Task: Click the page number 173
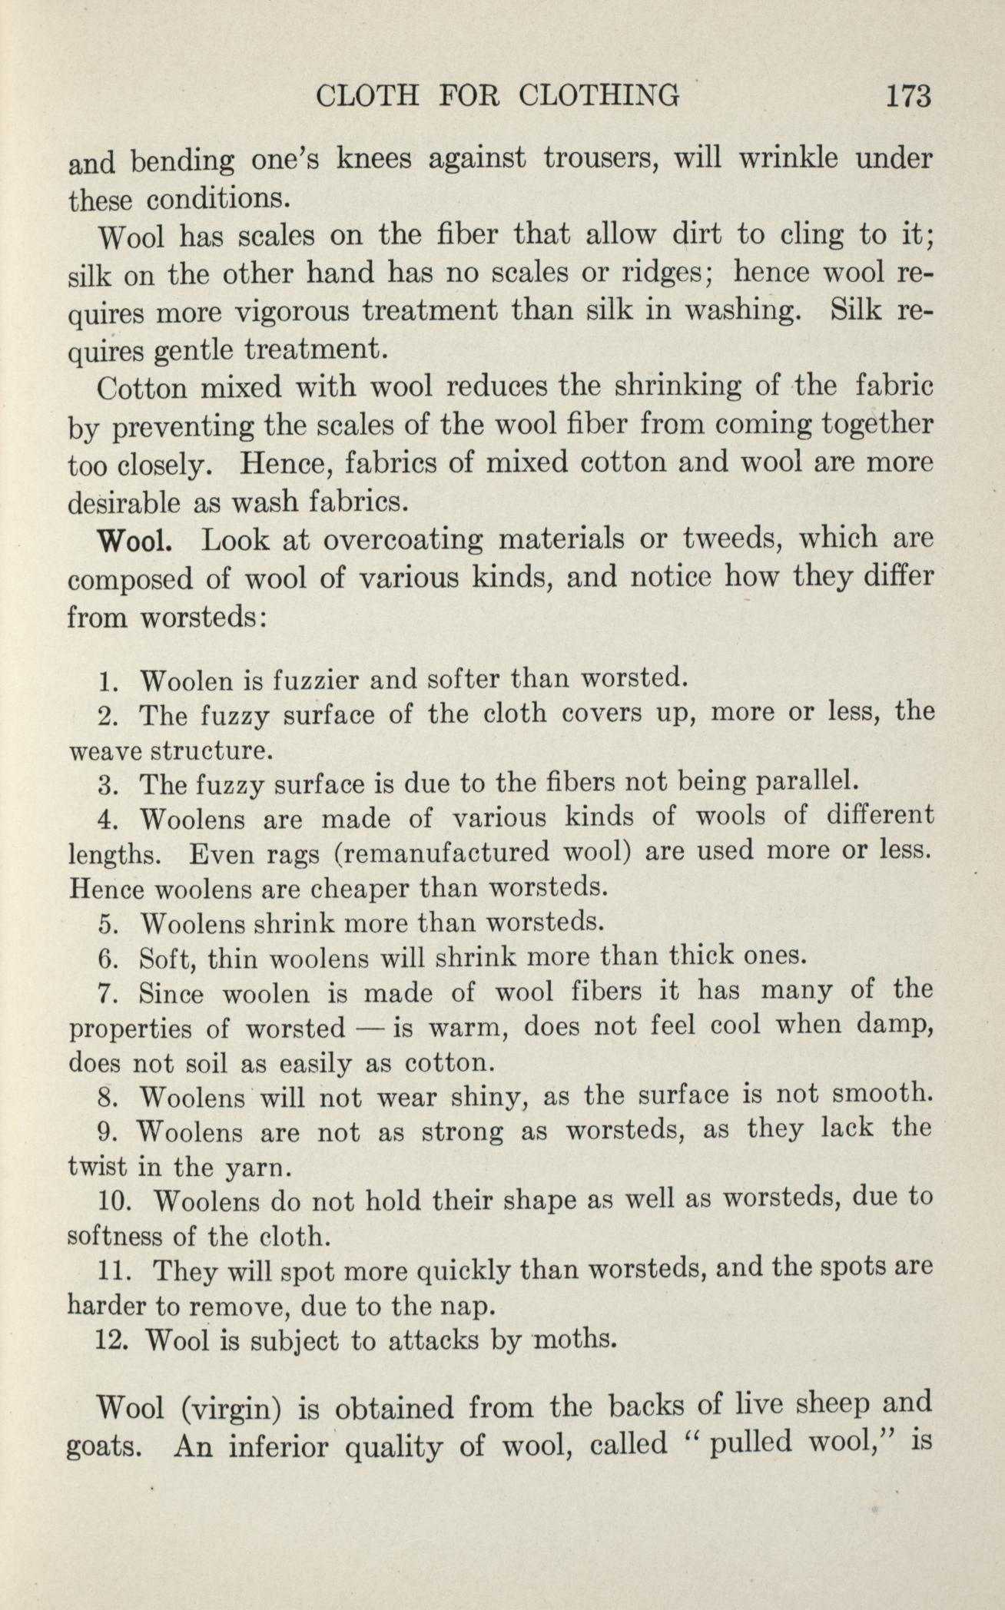[x=907, y=98]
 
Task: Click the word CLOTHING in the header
[x=599, y=98]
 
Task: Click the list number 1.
[x=108, y=681]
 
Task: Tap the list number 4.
[x=108, y=819]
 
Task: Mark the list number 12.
[x=112, y=1341]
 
